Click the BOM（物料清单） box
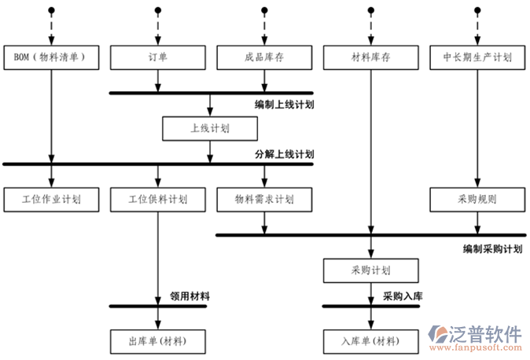click(x=52, y=57)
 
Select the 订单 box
click(x=158, y=57)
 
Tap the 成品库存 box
click(x=264, y=57)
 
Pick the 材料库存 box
click(x=370, y=57)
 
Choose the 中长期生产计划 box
click(x=477, y=57)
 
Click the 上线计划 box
click(x=210, y=127)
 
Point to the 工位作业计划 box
click(x=52, y=200)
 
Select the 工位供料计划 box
click(x=158, y=200)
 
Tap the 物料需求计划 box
click(x=264, y=200)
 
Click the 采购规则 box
click(x=477, y=200)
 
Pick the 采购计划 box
click(x=370, y=270)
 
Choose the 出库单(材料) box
click(x=158, y=342)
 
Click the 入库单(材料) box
click(x=370, y=342)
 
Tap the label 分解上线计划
click(x=284, y=154)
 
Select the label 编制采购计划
click(x=493, y=248)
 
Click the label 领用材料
click(x=190, y=296)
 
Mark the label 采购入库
click(x=403, y=296)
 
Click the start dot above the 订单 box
click(x=158, y=10)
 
